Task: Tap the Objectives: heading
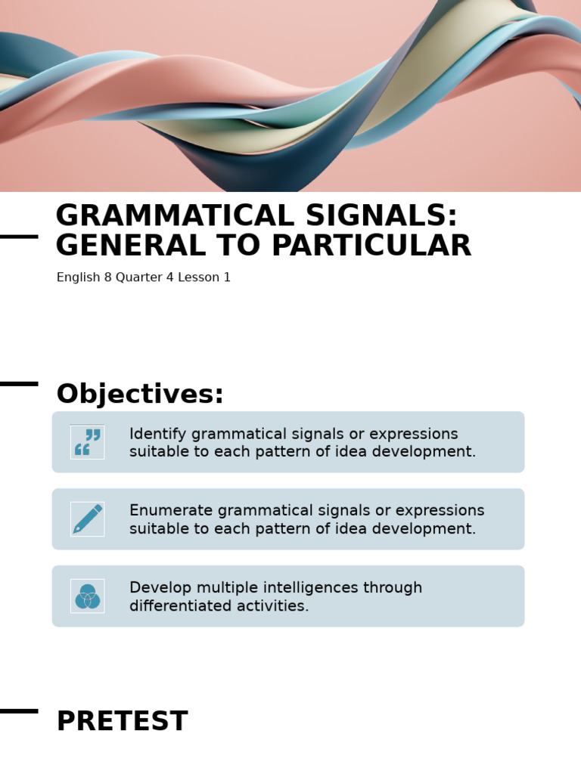click(x=140, y=395)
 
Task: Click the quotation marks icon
click(x=87, y=442)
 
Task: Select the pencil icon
click(x=87, y=519)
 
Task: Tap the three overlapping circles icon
click(x=87, y=596)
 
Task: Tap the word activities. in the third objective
click(x=276, y=606)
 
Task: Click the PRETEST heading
click(x=122, y=722)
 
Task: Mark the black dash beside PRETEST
click(x=19, y=711)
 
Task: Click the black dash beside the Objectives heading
click(x=19, y=384)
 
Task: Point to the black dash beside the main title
click(x=19, y=237)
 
